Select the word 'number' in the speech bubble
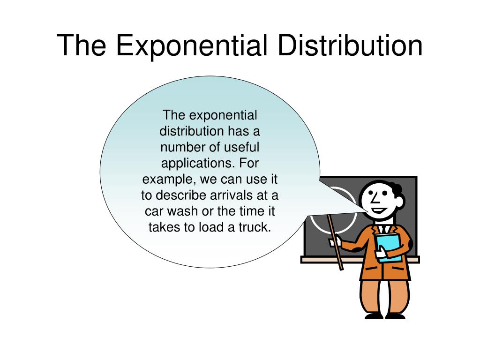tap(183, 147)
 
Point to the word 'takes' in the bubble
tap(163, 227)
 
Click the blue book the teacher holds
tap(389, 247)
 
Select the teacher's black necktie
tap(383, 229)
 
